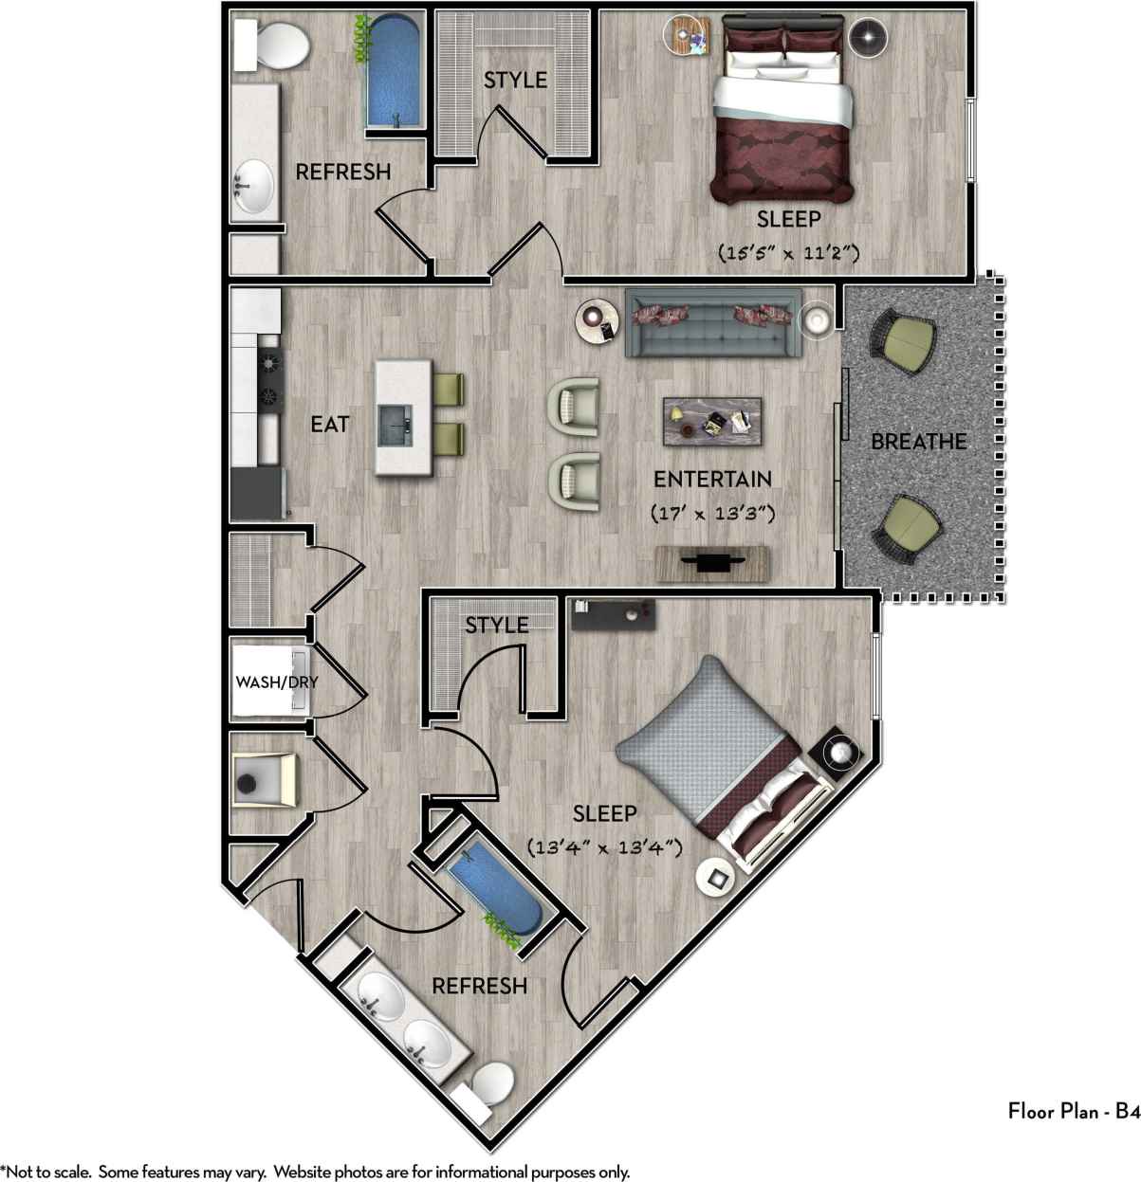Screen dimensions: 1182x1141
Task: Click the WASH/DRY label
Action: (x=277, y=682)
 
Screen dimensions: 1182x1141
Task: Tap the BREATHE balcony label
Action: (x=918, y=442)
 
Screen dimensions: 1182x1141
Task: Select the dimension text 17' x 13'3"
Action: (x=714, y=513)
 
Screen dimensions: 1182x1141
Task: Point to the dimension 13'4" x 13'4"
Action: (x=605, y=847)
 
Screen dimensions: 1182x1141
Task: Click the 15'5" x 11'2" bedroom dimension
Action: (x=788, y=253)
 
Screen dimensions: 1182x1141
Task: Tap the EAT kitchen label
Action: (x=329, y=424)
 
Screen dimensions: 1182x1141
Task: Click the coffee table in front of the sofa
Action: (x=713, y=420)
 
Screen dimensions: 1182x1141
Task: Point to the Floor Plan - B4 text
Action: (x=1073, y=1113)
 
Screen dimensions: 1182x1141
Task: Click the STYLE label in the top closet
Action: (x=515, y=80)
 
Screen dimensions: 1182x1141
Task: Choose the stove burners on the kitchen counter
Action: (x=269, y=377)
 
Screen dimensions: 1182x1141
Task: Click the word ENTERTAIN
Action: (x=712, y=479)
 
